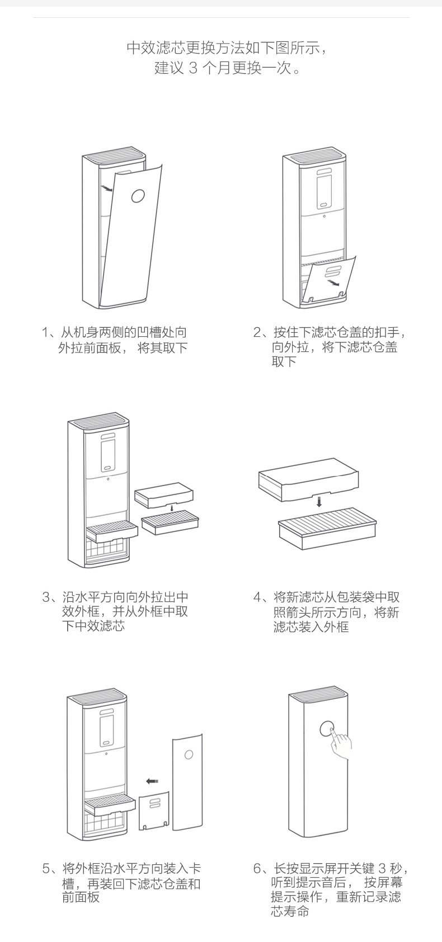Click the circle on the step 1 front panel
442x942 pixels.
click(x=138, y=195)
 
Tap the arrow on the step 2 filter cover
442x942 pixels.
click(x=333, y=284)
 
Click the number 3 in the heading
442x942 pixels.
click(x=194, y=69)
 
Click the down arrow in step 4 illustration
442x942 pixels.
click(x=319, y=501)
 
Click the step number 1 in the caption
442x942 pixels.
click(x=46, y=333)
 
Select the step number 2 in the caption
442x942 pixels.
click(x=257, y=333)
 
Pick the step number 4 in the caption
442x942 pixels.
click(x=257, y=597)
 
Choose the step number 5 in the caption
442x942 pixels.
click(x=46, y=869)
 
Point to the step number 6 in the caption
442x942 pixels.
click(x=257, y=869)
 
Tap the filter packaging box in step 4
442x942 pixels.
click(x=308, y=478)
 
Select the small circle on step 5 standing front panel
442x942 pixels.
click(x=189, y=755)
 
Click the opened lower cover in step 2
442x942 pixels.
click(x=328, y=280)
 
